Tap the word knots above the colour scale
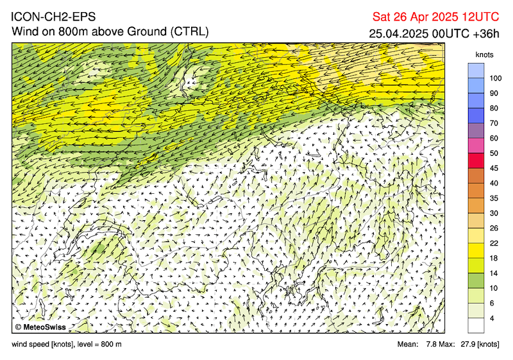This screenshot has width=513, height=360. coord(484,55)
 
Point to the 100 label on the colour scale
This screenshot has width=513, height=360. coord(495,78)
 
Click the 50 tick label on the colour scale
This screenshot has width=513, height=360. coord(494,153)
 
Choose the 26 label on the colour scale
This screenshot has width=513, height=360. coord(494,228)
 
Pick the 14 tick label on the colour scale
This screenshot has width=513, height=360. coord(494,273)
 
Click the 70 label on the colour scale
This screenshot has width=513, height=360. coord(494,123)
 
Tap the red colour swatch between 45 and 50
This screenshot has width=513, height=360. coord(476,160)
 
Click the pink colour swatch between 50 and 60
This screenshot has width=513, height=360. coord(476,146)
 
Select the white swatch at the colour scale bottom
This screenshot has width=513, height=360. coord(476,325)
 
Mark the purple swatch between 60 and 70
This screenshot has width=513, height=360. coord(476,131)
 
